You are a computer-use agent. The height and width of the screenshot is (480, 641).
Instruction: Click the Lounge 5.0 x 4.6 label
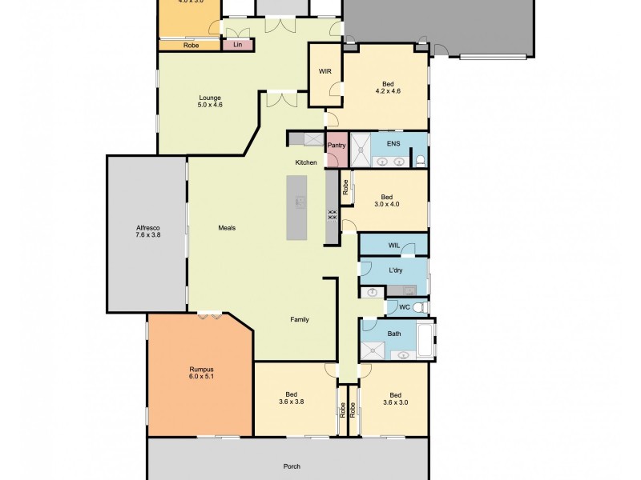tap(209, 101)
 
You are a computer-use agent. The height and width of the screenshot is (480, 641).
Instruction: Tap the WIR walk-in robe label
tap(325, 72)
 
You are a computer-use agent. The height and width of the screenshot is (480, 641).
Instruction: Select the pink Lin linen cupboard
tap(238, 45)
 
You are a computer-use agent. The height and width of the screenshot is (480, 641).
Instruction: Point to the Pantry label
tap(337, 146)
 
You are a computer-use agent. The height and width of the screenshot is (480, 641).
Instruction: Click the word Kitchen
tap(306, 162)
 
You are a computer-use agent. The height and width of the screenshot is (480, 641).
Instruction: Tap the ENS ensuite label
tap(393, 143)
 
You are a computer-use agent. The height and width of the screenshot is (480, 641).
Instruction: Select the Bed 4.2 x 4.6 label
tap(388, 89)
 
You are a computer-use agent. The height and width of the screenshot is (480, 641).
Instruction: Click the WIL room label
tap(393, 245)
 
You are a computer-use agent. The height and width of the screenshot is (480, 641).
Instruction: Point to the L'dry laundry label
tap(396, 270)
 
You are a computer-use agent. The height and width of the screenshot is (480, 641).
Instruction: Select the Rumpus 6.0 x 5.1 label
tap(201, 372)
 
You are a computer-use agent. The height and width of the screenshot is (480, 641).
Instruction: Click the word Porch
tap(292, 466)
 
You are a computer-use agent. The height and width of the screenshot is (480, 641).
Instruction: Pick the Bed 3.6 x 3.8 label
tap(292, 398)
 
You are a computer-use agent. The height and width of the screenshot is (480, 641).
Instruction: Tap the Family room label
tap(299, 319)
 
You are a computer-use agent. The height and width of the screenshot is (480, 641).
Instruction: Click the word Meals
tap(227, 227)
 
